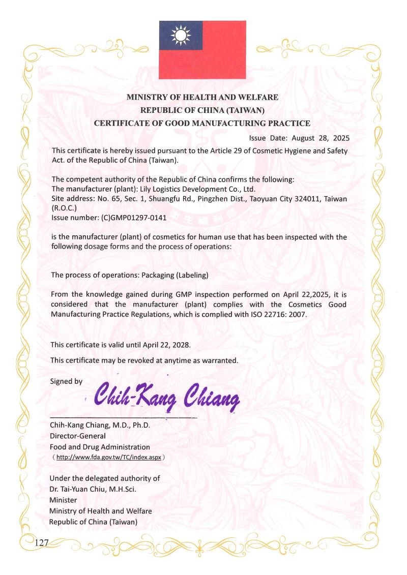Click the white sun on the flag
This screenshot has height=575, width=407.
point(181,35)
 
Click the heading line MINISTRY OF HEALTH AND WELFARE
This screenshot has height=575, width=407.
point(202,97)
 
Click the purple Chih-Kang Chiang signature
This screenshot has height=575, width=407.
point(167,397)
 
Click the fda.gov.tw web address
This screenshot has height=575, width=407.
point(109,457)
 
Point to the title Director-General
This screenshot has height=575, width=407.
point(77,436)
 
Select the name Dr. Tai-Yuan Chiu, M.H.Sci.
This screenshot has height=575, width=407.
point(92,489)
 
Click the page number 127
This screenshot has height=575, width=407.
point(41,543)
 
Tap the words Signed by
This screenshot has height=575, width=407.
point(66,381)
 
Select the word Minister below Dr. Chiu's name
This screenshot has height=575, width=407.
point(63,500)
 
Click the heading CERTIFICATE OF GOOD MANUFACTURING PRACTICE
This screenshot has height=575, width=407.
point(202,123)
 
